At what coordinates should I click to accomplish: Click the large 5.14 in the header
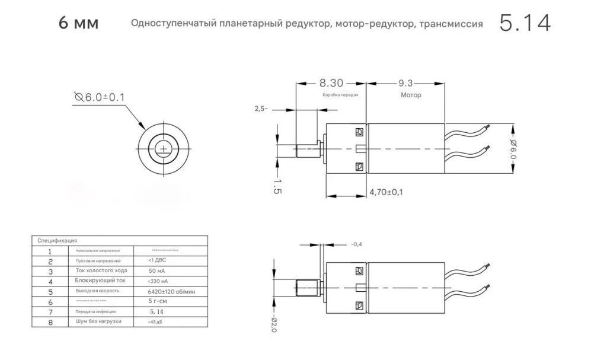pos(525,24)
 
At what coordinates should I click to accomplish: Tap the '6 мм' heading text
pos(79,24)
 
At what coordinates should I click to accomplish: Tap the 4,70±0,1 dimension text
pos(386,192)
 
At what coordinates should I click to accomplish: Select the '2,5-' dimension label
pos(261,109)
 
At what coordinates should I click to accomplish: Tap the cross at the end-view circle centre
pos(162,148)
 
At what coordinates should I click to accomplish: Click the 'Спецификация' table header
pos(57,241)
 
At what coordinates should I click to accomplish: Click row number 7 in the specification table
pos(50,311)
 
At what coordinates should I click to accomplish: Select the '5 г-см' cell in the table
pos(158,301)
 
